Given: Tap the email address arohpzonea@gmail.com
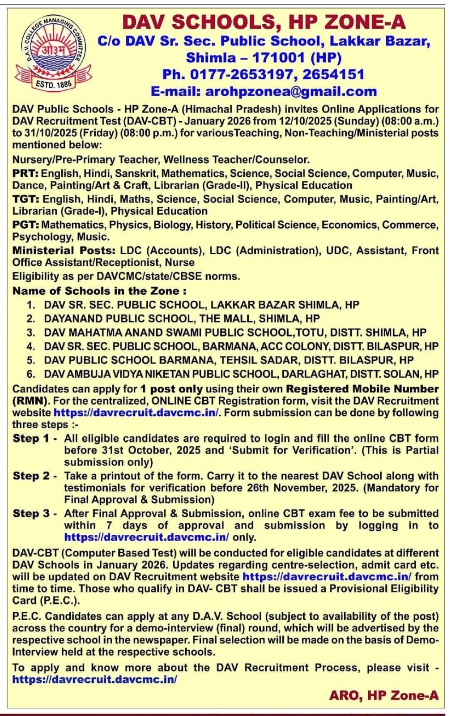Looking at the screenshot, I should pos(291,91).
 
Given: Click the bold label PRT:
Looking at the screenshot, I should pos(25,174).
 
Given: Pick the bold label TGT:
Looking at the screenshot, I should pos(26,199).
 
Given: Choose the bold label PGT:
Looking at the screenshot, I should pos(26,225).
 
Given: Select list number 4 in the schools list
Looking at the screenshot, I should pos(30,346).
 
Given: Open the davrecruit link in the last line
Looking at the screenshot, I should pos(94,679).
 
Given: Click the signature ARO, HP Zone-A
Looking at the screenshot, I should pos(383,695).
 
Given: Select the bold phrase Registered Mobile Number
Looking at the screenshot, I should pos(362,389).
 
